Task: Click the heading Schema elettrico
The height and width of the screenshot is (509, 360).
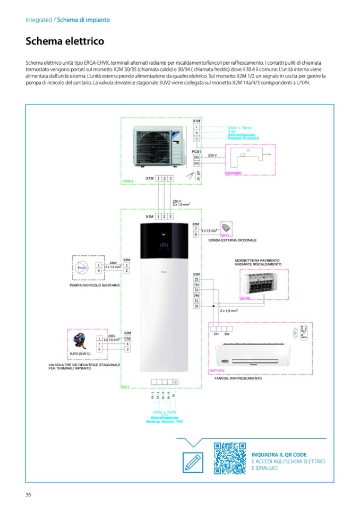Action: click(x=65, y=41)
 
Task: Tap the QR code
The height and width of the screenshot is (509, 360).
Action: click(x=230, y=458)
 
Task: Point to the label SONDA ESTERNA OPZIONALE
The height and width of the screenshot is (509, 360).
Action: click(x=233, y=240)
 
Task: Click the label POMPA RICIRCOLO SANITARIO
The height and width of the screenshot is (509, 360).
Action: click(x=95, y=285)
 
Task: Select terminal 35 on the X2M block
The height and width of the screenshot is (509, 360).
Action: click(x=196, y=279)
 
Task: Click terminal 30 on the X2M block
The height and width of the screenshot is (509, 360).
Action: click(x=196, y=306)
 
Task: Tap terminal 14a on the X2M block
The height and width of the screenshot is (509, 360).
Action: click(x=127, y=338)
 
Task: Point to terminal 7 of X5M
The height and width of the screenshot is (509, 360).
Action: click(x=196, y=229)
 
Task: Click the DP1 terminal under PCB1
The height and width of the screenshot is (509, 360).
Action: click(x=196, y=157)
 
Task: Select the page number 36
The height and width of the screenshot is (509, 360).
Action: click(x=29, y=495)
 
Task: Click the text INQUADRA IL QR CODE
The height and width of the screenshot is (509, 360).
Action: click(x=279, y=454)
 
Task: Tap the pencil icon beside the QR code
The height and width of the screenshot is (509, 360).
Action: click(x=192, y=462)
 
